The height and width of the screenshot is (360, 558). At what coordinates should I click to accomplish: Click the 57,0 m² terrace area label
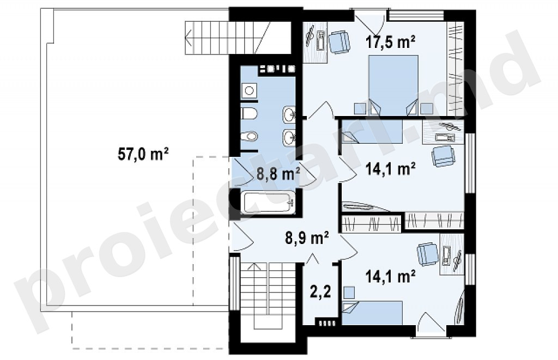143,154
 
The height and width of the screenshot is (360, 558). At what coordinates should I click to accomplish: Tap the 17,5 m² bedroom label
391,42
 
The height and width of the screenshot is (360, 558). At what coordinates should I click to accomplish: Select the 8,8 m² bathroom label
278,175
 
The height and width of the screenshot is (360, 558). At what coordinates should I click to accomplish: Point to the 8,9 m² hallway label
307,238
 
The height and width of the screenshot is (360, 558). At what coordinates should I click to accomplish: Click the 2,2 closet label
320,292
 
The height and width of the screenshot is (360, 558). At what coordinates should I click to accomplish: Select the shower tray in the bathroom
248,91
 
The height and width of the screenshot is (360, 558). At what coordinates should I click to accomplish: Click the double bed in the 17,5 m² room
393,84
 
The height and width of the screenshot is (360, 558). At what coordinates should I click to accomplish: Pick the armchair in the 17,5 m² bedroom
339,42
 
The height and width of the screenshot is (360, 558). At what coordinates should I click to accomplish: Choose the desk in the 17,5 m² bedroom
315,42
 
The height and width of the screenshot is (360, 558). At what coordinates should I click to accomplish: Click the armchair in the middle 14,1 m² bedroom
443,155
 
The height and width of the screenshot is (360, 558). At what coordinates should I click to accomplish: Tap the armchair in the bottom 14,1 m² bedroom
428,254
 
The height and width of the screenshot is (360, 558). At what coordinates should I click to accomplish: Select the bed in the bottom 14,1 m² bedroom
372,313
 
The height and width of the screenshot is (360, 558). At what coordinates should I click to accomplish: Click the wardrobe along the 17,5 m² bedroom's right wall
456,69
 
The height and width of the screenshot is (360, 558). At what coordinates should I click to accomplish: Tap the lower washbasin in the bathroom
289,137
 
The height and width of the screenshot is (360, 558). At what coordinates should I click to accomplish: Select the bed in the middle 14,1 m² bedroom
372,131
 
